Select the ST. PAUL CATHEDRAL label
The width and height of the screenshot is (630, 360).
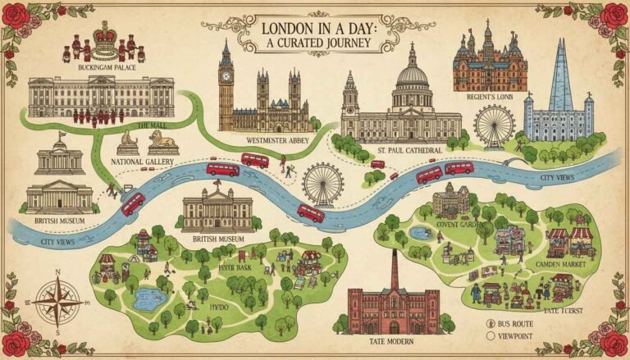[x=410, y=151]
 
